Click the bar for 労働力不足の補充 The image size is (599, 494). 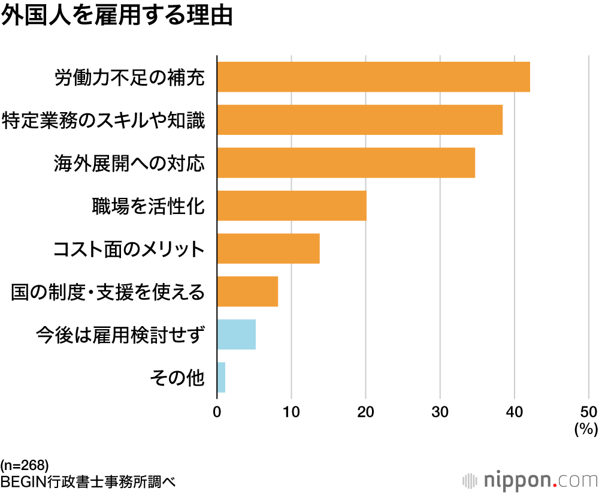373,77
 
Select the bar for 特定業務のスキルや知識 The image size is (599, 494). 359,119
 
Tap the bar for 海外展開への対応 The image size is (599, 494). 346,162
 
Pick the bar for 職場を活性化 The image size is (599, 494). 292,206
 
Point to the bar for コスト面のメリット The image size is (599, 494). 268,248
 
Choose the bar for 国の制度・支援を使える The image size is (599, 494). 247,291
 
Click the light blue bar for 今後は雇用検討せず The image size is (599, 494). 237,335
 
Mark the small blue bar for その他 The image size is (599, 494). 221,377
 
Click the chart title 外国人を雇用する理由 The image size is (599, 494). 116,16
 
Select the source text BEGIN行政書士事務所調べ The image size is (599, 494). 88,481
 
